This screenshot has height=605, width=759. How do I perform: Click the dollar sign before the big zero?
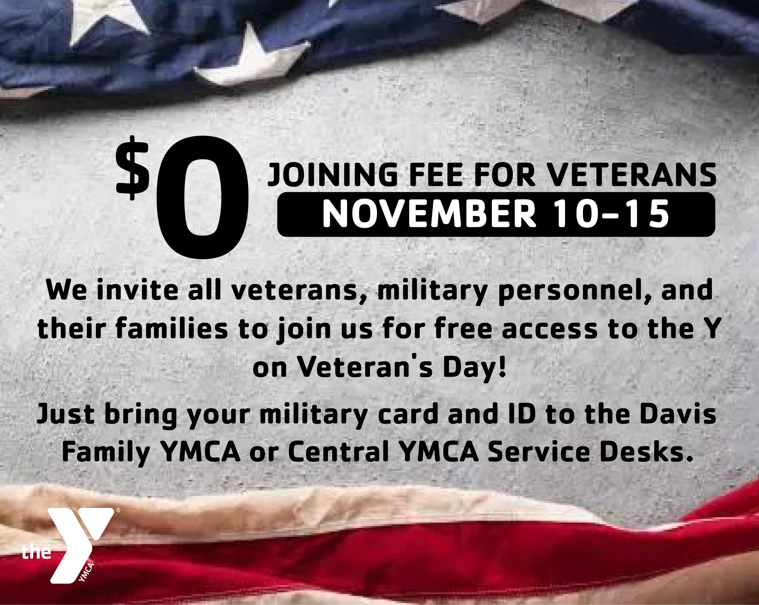(x=133, y=168)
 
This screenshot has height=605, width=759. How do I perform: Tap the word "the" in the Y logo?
(x=36, y=552)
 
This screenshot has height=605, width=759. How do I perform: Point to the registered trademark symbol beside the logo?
(x=118, y=510)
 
